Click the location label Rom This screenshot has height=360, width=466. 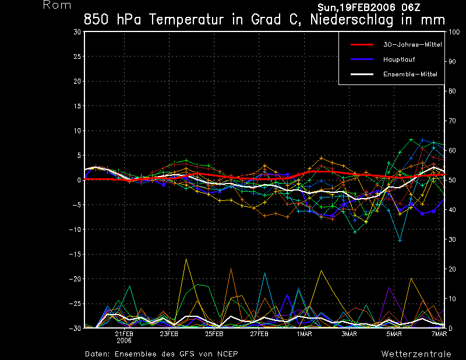tap(57, 5)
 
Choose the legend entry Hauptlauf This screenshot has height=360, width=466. tap(398, 59)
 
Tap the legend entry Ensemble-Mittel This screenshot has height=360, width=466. tap(409, 74)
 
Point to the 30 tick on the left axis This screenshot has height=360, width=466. tap(77, 32)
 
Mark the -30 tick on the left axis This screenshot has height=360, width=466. tap(75, 329)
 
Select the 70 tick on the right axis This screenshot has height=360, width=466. tap(452, 121)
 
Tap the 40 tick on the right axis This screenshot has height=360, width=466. tap(452, 210)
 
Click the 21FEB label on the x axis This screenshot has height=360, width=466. tap(124, 334)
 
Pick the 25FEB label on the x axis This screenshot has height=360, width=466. tap(214, 334)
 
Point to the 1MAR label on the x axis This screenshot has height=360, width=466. tap(304, 334)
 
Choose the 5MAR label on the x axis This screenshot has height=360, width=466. tap(394, 334)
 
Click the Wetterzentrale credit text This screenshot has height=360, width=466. tap(416, 354)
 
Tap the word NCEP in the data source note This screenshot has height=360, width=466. tap(225, 354)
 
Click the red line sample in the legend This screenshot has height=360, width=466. tap(361, 44)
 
